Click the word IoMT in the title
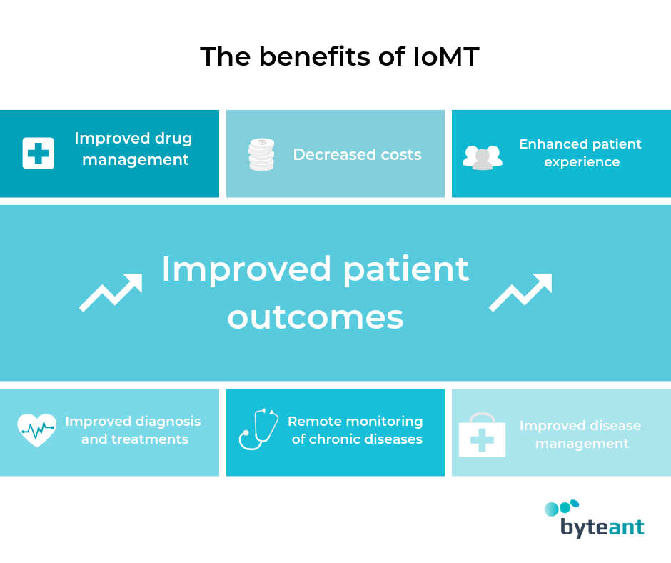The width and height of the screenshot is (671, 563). (446, 56)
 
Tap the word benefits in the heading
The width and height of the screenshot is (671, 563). (315, 56)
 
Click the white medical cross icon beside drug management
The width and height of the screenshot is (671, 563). (39, 154)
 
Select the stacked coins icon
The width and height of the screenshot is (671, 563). (261, 154)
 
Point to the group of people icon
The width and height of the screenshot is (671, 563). (483, 157)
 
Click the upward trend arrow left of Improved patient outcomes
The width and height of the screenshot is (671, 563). (111, 293)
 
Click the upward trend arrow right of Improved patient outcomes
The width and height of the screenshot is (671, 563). (520, 293)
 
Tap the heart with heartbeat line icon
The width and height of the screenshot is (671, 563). (37, 430)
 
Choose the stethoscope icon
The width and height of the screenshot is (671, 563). (258, 429)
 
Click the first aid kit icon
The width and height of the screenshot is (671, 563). (483, 435)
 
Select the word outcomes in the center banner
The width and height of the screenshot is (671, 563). (316, 317)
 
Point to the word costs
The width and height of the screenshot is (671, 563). (401, 155)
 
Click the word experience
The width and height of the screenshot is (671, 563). (582, 162)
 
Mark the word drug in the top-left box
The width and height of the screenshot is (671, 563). (173, 139)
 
